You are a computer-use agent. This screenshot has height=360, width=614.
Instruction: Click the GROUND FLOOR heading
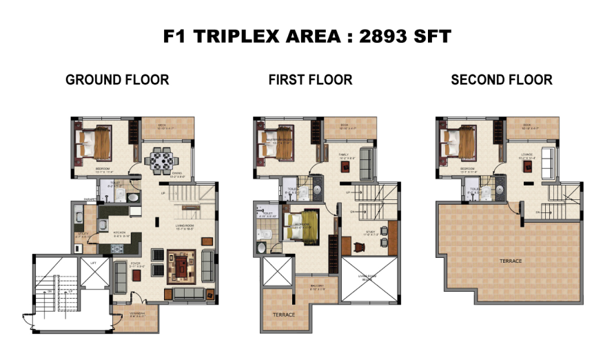click(117, 80)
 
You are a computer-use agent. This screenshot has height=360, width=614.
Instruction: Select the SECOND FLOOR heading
click(501, 80)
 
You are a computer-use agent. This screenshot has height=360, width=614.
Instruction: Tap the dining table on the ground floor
click(162, 162)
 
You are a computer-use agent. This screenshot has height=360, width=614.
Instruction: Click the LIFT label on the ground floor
click(93, 263)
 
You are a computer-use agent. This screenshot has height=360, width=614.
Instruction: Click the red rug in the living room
click(183, 266)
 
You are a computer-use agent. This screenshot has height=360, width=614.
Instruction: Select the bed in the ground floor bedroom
click(96, 144)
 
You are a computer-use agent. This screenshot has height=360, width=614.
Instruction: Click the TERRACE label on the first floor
click(283, 314)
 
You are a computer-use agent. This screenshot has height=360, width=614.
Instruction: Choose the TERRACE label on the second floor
click(511, 261)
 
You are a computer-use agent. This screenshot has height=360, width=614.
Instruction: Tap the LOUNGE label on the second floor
click(529, 155)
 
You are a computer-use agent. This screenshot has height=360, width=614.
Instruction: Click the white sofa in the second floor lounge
click(549, 163)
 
